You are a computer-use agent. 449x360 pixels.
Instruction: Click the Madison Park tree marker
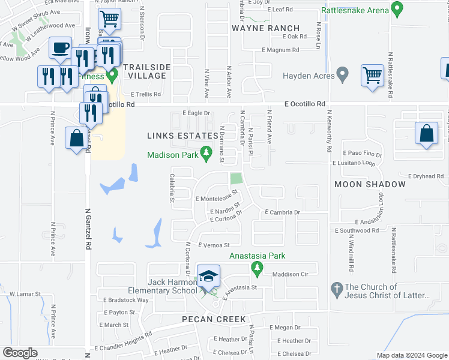click(206, 154)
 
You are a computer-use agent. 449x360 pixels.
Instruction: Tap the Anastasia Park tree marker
click(258, 268)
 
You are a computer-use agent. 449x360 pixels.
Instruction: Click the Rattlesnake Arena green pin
click(396, 9)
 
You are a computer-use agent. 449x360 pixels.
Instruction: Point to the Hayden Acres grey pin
click(343, 75)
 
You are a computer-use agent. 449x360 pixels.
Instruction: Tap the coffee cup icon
click(60, 48)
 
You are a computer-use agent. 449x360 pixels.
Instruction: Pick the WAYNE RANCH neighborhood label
click(265, 28)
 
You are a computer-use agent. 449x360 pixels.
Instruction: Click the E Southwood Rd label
click(361, 230)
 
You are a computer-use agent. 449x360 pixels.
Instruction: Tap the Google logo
click(20, 353)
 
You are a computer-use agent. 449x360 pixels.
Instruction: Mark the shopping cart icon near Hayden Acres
click(372, 76)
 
